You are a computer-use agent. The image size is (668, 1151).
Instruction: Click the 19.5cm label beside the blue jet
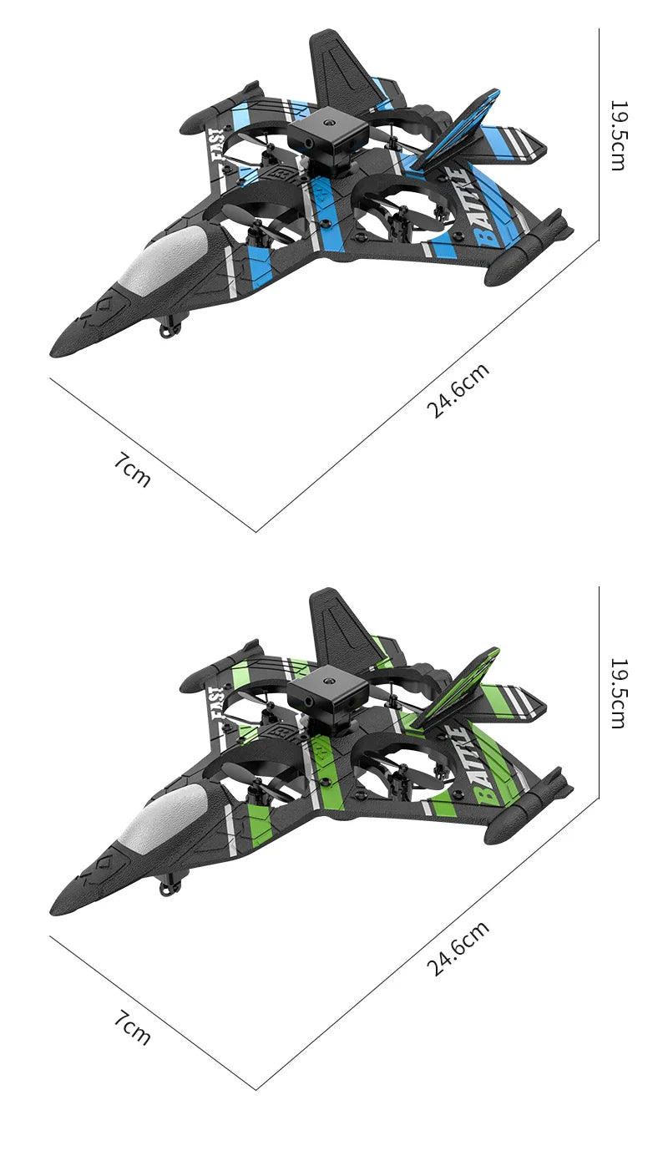point(617,135)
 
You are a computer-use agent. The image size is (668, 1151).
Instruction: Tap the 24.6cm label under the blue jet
point(458,391)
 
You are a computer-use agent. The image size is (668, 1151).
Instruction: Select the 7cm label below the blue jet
point(133,469)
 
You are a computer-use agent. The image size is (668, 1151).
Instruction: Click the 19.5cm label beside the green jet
point(617,693)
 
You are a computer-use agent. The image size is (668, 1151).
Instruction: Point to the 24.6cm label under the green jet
point(458,949)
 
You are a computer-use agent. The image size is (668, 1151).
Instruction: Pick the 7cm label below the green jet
point(133,1027)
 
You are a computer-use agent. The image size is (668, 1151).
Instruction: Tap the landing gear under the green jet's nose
point(170,886)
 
